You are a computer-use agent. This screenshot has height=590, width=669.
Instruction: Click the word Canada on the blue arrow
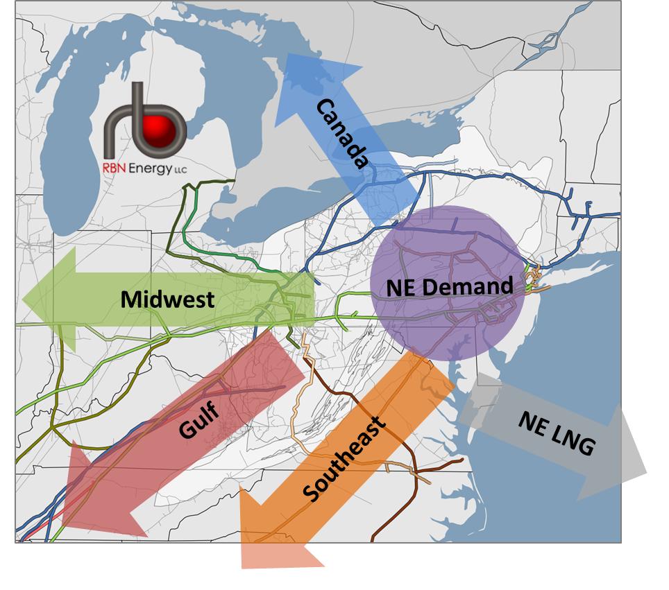pos(342,135)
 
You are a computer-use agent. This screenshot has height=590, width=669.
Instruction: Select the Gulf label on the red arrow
pos(198,419)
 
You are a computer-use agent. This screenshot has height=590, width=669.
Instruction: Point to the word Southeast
pos(344,458)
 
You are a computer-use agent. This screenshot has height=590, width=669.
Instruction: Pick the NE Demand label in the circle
pos(450,286)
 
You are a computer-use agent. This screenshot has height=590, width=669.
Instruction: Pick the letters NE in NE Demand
pos(400,287)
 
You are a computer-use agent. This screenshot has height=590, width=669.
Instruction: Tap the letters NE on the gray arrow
pos(531,422)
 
